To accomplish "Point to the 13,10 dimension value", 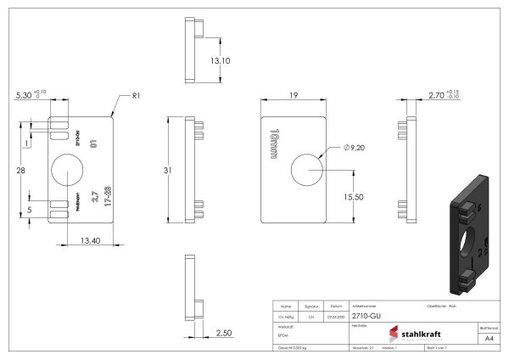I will tap(220, 61).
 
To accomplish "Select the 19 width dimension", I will tap(293, 97).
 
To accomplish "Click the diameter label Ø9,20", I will tap(355, 148).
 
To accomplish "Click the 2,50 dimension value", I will tap(224, 332).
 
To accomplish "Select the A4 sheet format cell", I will tap(488, 338).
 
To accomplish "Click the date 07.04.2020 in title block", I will tap(336, 315).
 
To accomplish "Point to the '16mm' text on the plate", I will tap(273, 144).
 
